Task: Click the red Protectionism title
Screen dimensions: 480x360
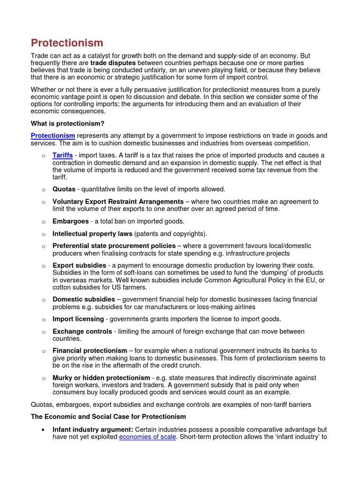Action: pyautogui.click(x=67, y=43)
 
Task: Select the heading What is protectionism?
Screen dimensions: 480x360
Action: pyautogui.click(x=67, y=124)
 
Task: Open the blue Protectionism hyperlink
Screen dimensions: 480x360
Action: pyautogui.click(x=53, y=136)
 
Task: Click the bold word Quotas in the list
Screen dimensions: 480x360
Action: pyautogui.click(x=64, y=189)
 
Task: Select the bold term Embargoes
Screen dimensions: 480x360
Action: pyautogui.click(x=71, y=221)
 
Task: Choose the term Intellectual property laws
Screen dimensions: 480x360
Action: pyautogui.click(x=92, y=233)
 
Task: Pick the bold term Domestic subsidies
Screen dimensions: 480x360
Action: pyautogui.click(x=83, y=299)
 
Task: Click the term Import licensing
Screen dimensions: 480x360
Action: pyautogui.click(x=78, y=319)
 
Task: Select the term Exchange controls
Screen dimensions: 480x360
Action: pyautogui.click(x=82, y=331)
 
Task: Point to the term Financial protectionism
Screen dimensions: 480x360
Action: pyautogui.click(x=90, y=351)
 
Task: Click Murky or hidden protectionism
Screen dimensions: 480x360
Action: pyautogui.click(x=101, y=378)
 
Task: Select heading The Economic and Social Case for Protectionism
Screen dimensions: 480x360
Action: pyautogui.click(x=108, y=417)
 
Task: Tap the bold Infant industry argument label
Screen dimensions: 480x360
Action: pyautogui.click(x=93, y=429)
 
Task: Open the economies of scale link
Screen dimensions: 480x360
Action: pyautogui.click(x=148, y=437)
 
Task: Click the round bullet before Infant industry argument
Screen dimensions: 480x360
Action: pyautogui.click(x=43, y=429)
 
